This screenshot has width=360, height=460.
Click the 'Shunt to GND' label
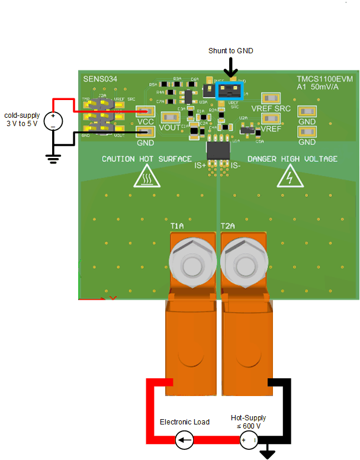tap(230, 51)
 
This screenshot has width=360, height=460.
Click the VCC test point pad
tap(146, 111)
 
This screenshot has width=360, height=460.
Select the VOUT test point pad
tap(170, 117)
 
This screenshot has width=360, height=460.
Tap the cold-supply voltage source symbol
tap(53, 121)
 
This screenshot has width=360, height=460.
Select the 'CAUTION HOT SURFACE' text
tap(147, 159)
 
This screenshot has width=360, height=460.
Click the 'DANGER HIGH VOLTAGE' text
tap(292, 159)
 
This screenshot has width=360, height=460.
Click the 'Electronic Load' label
tap(184, 422)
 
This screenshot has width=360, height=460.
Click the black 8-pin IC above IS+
tap(217, 149)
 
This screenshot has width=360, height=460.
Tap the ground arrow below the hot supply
tap(269, 454)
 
